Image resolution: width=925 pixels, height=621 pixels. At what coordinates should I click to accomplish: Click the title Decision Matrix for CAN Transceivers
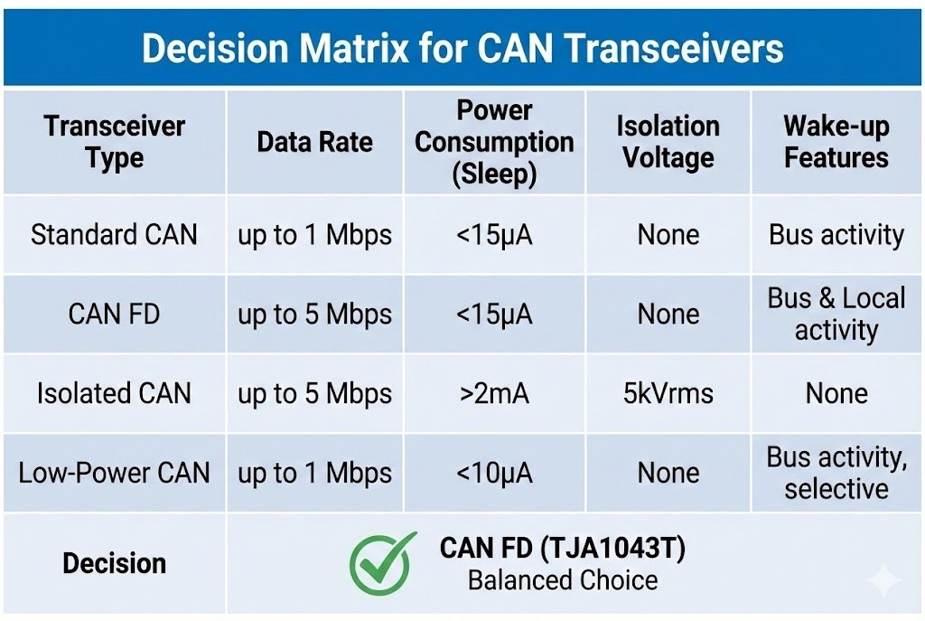(x=462, y=48)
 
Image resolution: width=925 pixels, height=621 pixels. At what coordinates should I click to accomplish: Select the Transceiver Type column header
(x=114, y=142)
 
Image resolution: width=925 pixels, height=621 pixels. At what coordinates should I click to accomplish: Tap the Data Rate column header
(x=314, y=142)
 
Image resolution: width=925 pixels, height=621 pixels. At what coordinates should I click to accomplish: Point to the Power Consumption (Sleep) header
(x=494, y=142)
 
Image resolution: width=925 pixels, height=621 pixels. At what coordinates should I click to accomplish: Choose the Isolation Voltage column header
(x=668, y=142)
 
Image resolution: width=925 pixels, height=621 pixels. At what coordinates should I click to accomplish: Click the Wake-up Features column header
(x=836, y=142)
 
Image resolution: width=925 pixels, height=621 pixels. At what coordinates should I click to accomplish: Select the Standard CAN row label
(x=114, y=235)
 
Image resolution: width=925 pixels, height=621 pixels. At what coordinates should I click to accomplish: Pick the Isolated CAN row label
(x=114, y=393)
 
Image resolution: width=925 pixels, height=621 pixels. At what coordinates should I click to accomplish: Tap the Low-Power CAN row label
(x=114, y=473)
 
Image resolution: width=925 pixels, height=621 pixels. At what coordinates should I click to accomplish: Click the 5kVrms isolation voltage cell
(x=668, y=393)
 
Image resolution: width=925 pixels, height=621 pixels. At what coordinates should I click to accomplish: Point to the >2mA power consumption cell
(x=494, y=393)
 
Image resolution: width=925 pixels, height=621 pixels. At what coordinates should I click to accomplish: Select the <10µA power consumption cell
(x=494, y=473)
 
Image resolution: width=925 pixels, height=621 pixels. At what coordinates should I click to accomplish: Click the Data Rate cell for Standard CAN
(x=314, y=235)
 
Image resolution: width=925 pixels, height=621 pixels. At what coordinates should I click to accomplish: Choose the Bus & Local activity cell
(x=836, y=314)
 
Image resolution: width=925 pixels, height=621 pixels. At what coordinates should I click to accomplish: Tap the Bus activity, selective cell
(x=836, y=473)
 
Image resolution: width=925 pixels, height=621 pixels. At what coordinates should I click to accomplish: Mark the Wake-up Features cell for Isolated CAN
(x=836, y=393)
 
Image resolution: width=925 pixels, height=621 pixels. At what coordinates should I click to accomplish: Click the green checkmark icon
(x=383, y=561)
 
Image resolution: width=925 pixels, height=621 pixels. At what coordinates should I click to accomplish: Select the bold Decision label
(x=114, y=563)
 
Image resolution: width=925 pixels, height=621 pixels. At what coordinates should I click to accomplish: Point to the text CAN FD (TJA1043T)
(x=563, y=548)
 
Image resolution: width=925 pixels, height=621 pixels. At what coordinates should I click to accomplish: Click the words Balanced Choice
(x=563, y=579)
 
